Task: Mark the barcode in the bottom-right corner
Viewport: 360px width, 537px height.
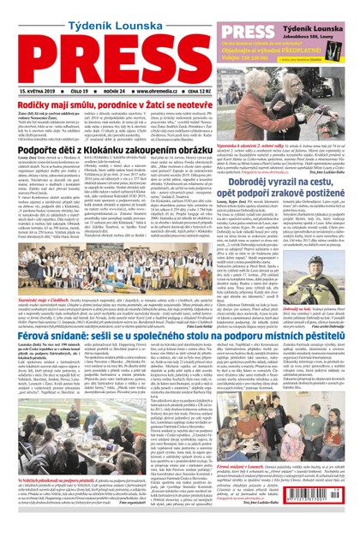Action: pos(342,516)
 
